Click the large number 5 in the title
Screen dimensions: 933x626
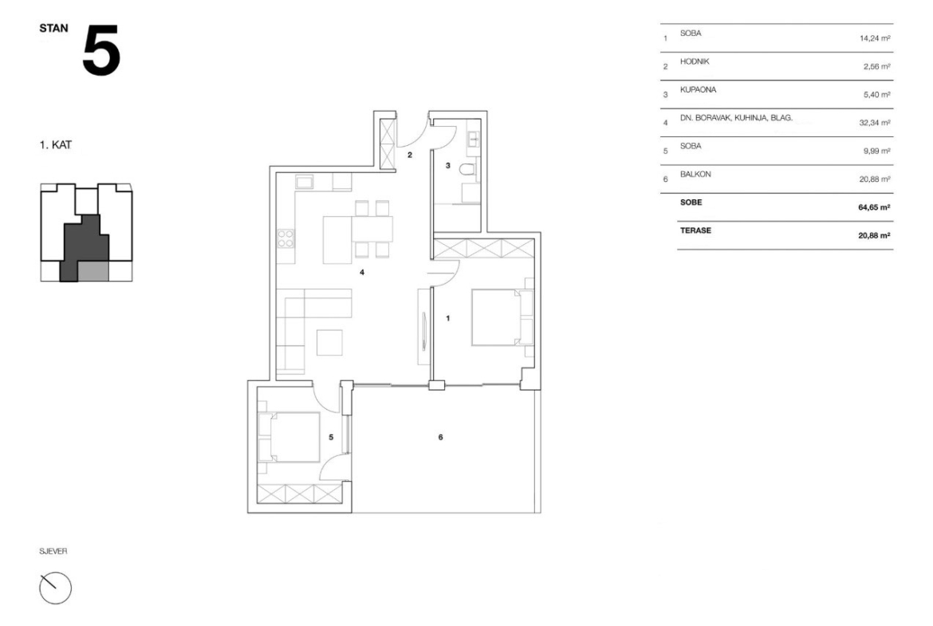coord(101,50)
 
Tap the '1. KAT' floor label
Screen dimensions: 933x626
coord(55,145)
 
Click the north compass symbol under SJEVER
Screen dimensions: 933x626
coord(55,588)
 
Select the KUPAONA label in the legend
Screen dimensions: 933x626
coord(698,90)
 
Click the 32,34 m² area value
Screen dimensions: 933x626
coord(874,123)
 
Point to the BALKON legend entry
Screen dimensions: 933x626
coord(695,175)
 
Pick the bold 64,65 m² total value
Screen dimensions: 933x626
coord(874,207)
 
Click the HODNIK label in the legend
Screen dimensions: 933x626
coord(695,62)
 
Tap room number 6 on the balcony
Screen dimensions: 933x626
coord(440,437)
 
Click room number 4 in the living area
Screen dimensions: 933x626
coord(362,273)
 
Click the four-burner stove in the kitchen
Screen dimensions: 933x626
coord(285,238)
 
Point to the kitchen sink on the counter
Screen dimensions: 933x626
coord(305,182)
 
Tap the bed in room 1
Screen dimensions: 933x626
coord(502,317)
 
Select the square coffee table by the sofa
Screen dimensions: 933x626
coord(329,342)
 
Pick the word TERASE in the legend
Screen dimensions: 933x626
coord(695,231)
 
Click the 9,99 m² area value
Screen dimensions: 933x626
coord(876,152)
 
